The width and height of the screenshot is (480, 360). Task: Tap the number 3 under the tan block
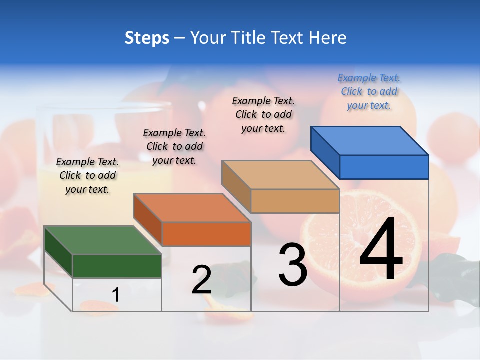pyautogui.click(x=292, y=264)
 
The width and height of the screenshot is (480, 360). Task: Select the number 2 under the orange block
pyautogui.click(x=201, y=280)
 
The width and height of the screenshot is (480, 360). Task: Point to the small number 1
pyautogui.click(x=115, y=295)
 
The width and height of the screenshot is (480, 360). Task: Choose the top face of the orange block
pyautogui.click(x=192, y=207)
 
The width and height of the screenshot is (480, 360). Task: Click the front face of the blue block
pyautogui.click(x=384, y=167)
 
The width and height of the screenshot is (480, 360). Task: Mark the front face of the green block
pyautogui.click(x=117, y=266)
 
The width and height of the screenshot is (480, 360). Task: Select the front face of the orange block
pyautogui.click(x=206, y=234)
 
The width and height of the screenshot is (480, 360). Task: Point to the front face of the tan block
pyautogui.click(x=295, y=201)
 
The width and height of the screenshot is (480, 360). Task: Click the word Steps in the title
pyautogui.click(x=147, y=38)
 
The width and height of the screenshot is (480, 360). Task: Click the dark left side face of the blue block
pyautogui.click(x=325, y=152)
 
